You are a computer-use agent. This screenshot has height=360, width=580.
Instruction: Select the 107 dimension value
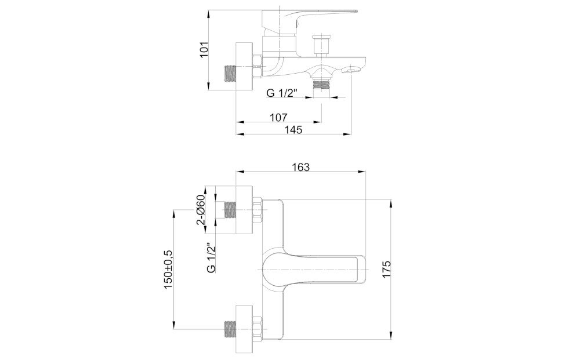pos(278,118)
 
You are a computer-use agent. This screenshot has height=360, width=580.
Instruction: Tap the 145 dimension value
pos(293,130)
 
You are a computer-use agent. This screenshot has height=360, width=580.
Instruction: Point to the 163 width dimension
pos(300,167)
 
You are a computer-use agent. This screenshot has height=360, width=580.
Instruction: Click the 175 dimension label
pos(386,270)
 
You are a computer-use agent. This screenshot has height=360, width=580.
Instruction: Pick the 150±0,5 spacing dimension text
pos(168,270)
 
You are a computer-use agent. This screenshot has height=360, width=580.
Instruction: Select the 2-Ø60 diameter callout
pos(202,210)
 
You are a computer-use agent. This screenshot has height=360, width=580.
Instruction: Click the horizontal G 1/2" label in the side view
pos(282,93)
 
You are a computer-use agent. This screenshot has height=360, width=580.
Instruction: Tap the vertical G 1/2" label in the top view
pos(211,257)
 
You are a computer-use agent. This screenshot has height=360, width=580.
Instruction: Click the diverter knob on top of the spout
pos(321,45)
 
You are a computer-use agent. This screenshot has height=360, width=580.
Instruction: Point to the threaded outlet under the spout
pos(321,85)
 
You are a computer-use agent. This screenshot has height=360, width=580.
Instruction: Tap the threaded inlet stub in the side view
pos(230,74)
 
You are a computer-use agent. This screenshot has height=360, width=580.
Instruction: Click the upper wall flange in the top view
pos(244,210)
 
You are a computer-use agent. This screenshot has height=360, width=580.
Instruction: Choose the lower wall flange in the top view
pos(244,329)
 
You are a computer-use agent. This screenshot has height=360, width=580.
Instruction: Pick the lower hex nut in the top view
pos(258,329)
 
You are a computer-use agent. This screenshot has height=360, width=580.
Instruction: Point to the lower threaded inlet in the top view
pos(230,329)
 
